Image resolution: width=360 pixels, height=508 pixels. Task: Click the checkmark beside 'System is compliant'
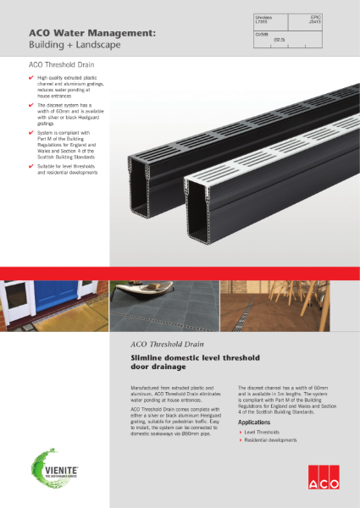(x=31, y=132)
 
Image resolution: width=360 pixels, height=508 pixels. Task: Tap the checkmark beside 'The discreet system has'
(x=31, y=106)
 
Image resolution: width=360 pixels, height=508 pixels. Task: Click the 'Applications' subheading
(x=254, y=422)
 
